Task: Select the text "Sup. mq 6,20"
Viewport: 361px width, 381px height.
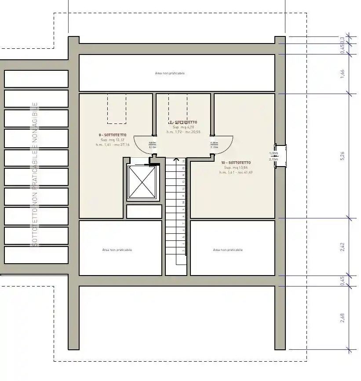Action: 183,127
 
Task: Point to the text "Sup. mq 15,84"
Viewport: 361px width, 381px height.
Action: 236,167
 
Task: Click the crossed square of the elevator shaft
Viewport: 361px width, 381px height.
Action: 142,182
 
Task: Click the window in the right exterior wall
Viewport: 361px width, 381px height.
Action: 281,156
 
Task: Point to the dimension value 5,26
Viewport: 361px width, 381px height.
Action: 342,156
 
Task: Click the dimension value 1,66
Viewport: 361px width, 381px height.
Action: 342,74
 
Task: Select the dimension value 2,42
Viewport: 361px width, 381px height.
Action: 342,247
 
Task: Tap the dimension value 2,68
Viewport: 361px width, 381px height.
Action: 342,318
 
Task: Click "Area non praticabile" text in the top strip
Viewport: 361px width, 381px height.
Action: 170,73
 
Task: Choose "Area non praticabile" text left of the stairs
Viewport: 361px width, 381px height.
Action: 117,250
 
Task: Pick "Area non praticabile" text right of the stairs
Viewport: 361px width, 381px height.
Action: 228,250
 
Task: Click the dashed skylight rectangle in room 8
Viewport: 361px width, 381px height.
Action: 117,108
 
